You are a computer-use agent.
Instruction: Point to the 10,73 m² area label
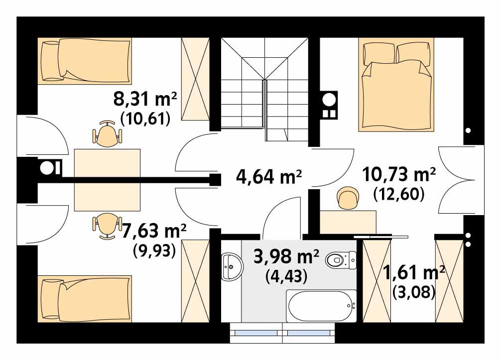click(399, 174)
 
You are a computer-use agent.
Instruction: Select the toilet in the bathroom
click(341, 259)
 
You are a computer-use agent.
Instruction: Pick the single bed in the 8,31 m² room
click(85, 61)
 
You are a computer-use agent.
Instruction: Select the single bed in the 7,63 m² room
click(85, 299)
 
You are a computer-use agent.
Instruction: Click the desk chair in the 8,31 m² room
click(107, 135)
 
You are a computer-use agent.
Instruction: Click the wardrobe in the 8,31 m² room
click(195, 80)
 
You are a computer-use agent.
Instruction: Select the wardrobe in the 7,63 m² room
click(195, 281)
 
